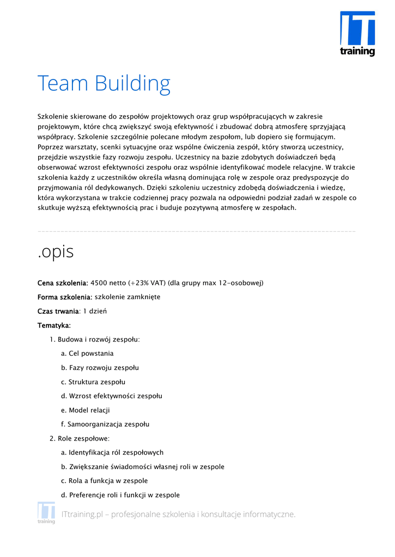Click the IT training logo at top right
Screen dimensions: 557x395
357,33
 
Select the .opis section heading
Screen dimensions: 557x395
56,252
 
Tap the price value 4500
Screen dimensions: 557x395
99,283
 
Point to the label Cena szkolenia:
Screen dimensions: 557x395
63,283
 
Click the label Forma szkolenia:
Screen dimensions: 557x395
65,297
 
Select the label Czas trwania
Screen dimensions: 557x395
58,311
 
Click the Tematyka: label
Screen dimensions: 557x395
54,325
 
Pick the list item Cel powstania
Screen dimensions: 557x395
91,354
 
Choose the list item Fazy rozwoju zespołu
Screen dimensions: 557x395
104,368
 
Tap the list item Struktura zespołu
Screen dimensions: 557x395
97,382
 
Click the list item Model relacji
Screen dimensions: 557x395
89,410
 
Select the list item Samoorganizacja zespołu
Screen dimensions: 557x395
108,424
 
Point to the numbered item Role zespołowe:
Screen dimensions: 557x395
84,438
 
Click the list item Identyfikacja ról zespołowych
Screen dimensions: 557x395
116,453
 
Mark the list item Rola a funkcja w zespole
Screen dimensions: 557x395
108,481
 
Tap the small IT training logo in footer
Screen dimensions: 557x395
46,512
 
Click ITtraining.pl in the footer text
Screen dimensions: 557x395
82,515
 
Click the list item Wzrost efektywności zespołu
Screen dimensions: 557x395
115,396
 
